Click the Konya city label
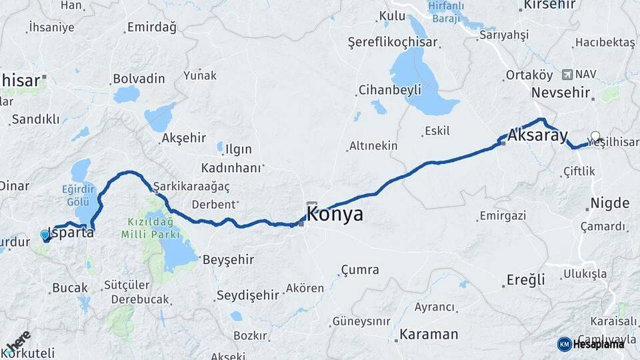point(335,215)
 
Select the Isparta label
point(72,235)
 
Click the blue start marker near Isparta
point(45,235)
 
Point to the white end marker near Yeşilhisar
point(595,136)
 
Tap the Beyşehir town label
point(227,259)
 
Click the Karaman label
point(429,334)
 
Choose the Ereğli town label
point(525,280)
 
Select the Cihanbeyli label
point(389,89)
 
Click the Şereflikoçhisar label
point(393,42)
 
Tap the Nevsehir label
point(561,93)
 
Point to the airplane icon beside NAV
point(567,74)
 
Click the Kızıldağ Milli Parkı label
point(150,228)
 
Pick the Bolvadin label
point(139,79)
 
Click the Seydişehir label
point(248,295)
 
